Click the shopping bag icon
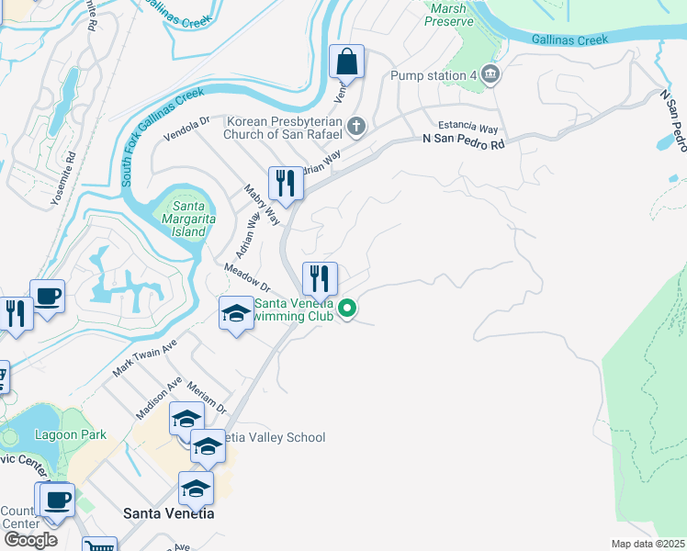(x=347, y=62)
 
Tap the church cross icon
(x=356, y=127)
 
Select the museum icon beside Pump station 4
(x=490, y=74)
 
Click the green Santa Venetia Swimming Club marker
(x=347, y=309)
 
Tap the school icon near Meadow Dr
(x=236, y=314)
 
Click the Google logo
(x=30, y=540)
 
